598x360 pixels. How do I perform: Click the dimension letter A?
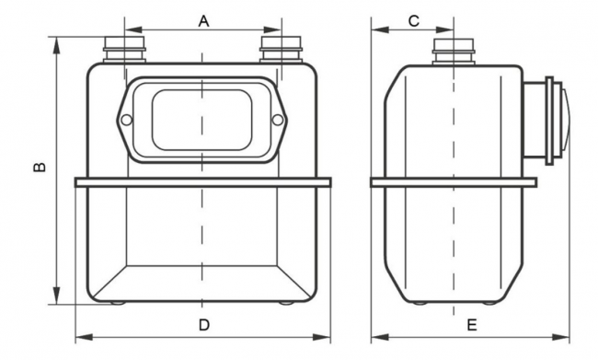[204, 21]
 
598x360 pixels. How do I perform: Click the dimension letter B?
[40, 167]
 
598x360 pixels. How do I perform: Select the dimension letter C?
[414, 21]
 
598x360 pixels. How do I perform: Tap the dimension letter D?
[204, 325]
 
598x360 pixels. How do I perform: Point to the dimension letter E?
[472, 325]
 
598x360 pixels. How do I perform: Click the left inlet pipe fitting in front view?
[125, 49]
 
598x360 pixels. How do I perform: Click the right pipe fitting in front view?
[281, 49]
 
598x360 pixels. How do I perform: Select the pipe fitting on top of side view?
[454, 52]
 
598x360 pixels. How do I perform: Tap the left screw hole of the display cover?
[126, 121]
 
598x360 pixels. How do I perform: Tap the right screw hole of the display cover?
[278, 121]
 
